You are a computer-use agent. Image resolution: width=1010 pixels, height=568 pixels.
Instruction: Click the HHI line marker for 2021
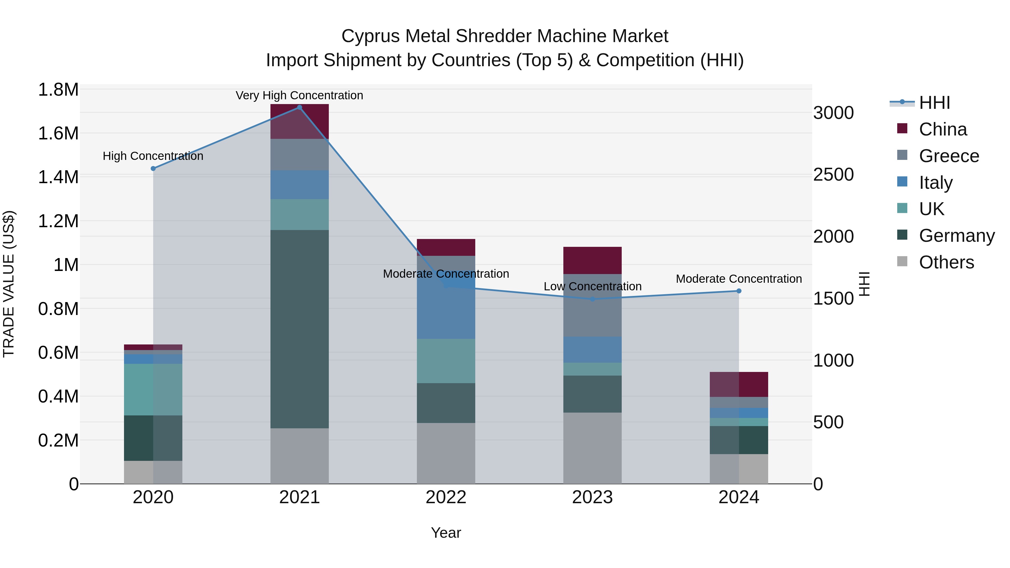[x=300, y=107]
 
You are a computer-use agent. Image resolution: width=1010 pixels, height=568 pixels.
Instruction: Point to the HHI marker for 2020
[x=153, y=169]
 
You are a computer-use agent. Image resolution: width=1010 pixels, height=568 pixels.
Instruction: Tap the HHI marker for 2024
[x=739, y=291]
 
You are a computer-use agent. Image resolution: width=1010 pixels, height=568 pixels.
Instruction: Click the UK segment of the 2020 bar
[x=153, y=389]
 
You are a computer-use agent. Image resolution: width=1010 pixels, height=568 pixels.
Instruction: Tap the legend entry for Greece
[x=949, y=156]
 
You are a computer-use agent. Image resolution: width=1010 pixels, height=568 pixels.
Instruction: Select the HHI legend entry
[x=934, y=103]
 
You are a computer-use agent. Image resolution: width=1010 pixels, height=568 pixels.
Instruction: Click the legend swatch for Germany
[x=902, y=235]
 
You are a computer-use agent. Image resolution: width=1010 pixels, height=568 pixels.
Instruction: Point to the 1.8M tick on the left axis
[x=58, y=90]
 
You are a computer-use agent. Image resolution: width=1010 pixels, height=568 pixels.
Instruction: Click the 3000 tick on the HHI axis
[x=833, y=113]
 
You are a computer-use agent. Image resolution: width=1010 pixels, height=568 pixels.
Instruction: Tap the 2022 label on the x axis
[x=446, y=497]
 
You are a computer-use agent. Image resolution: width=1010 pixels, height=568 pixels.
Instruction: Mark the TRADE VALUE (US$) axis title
[x=9, y=284]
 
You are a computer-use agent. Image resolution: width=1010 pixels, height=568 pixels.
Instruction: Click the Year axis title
[x=446, y=533]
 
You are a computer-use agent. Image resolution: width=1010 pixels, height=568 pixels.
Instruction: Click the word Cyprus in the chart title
[x=369, y=36]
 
